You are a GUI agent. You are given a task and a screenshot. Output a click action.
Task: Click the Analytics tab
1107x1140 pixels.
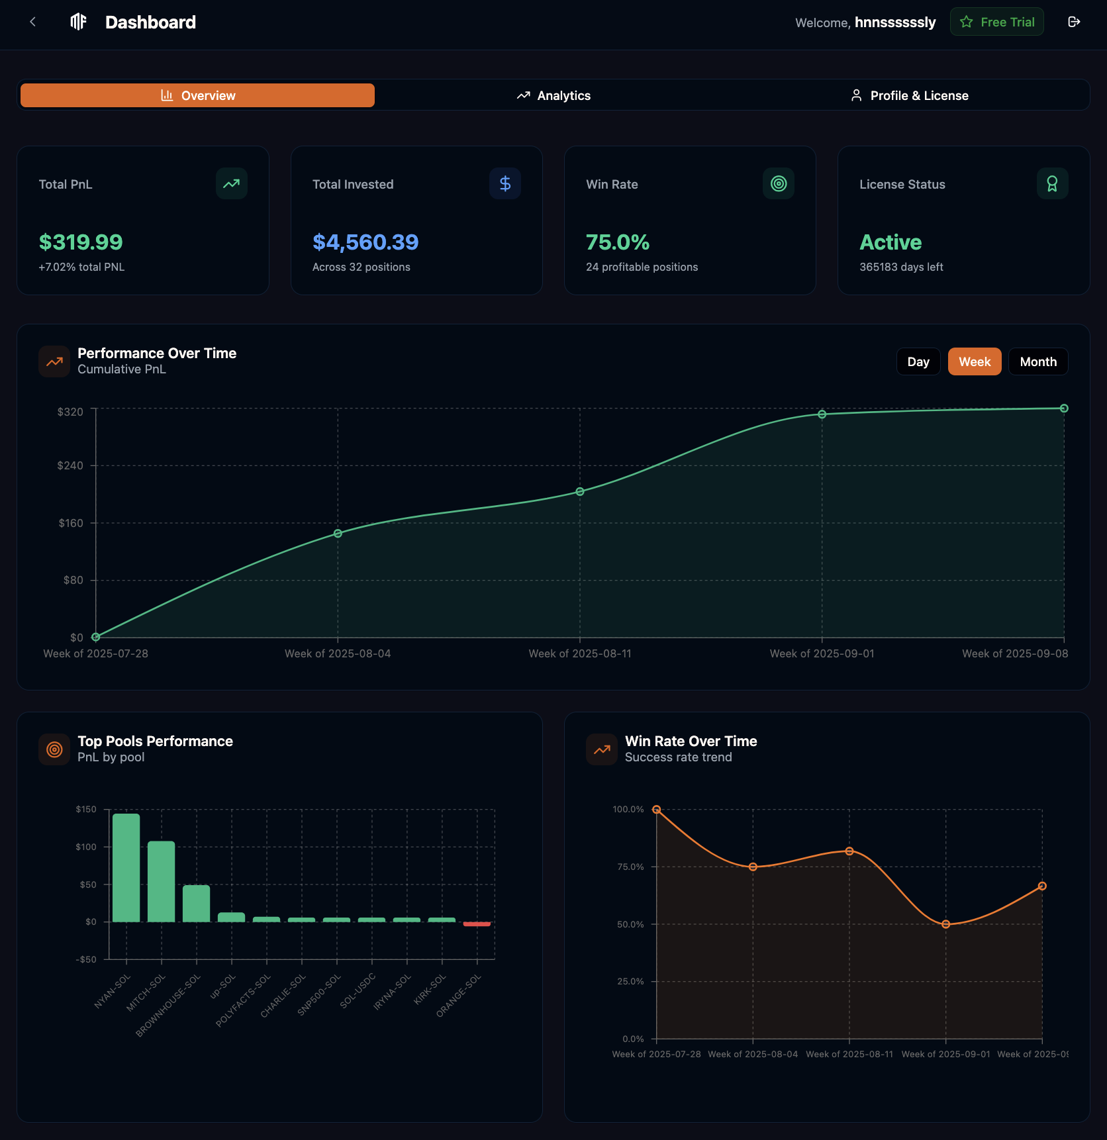point(553,95)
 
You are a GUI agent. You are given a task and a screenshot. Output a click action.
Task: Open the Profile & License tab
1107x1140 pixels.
point(909,95)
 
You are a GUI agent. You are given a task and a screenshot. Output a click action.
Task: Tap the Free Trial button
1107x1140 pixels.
point(996,22)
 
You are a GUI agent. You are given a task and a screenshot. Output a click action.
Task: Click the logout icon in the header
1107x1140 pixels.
point(1074,22)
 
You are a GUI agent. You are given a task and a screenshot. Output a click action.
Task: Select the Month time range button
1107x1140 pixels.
point(1037,361)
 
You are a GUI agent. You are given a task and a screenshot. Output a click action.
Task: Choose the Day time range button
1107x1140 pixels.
point(918,361)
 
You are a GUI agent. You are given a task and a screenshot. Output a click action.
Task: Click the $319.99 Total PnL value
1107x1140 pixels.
point(81,242)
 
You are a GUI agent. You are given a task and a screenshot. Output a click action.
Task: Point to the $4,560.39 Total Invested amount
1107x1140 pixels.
point(365,242)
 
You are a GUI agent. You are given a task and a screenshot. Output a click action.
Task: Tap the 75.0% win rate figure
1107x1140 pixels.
point(618,242)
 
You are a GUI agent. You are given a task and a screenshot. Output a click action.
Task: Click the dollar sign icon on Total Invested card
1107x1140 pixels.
point(505,183)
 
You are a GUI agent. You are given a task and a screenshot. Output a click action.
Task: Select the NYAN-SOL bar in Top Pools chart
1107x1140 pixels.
point(126,867)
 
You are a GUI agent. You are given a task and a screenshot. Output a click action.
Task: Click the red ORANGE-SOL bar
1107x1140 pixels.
point(477,924)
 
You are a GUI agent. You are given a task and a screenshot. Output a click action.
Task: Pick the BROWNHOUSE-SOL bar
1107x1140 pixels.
point(196,903)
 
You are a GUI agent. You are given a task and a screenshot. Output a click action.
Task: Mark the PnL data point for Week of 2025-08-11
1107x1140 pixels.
point(580,492)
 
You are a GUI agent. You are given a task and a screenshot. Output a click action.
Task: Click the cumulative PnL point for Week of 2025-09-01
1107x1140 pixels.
point(822,414)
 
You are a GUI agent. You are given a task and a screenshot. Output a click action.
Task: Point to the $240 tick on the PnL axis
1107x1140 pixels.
point(70,465)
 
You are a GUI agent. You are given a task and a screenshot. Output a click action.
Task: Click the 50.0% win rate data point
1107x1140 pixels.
point(945,924)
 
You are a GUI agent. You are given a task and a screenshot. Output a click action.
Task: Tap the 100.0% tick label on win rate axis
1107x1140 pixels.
point(628,809)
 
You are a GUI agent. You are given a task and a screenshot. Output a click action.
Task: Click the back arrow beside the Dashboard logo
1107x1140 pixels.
point(32,22)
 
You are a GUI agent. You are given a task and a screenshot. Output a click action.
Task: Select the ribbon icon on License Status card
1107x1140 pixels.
point(1052,183)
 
